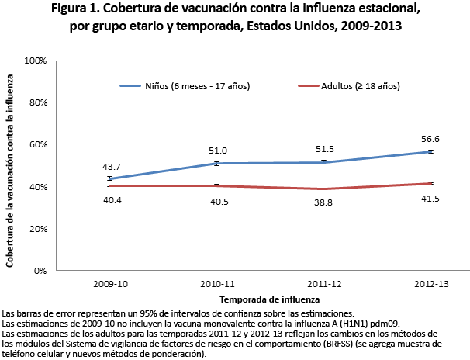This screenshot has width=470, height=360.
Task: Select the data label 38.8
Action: (323, 201)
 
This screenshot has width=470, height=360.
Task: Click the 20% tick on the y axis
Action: (38, 230)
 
